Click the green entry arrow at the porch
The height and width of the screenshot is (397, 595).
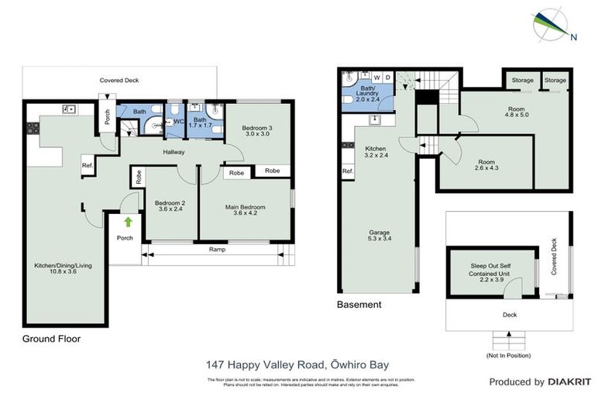[x=128, y=222]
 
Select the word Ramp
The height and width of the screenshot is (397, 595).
[x=218, y=250]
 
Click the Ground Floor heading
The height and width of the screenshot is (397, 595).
[x=51, y=339]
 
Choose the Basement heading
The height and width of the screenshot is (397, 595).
[x=359, y=305]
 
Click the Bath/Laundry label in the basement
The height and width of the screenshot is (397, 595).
[x=369, y=95]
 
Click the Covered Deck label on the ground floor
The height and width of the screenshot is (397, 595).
[x=119, y=80]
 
